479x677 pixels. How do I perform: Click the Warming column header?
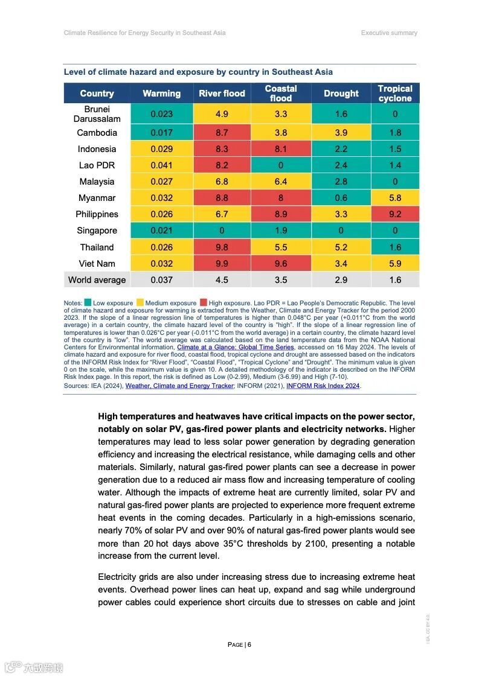[161, 94]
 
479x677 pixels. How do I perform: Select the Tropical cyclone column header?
[395, 94]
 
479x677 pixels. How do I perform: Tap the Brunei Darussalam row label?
[97, 114]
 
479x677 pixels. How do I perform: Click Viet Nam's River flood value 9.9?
[222, 264]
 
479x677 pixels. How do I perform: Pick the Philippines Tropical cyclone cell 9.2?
[395, 214]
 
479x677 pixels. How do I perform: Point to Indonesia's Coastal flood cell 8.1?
[281, 149]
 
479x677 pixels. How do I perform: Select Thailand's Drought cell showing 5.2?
[341, 247]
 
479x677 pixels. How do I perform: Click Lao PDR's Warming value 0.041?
[161, 165]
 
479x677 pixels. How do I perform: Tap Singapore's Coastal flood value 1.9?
[281, 230]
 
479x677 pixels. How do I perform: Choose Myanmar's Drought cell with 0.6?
[341, 198]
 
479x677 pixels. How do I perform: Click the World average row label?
[97, 280]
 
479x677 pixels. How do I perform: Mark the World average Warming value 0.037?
[161, 280]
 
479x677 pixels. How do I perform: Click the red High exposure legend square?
[204, 303]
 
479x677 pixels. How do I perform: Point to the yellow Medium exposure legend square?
[140, 303]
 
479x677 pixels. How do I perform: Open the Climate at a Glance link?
[236, 348]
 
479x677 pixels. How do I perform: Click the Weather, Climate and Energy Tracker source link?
[179, 386]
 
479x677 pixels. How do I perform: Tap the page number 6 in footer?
[249, 644]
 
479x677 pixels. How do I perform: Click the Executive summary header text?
[389, 33]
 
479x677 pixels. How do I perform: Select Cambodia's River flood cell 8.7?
[222, 133]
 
